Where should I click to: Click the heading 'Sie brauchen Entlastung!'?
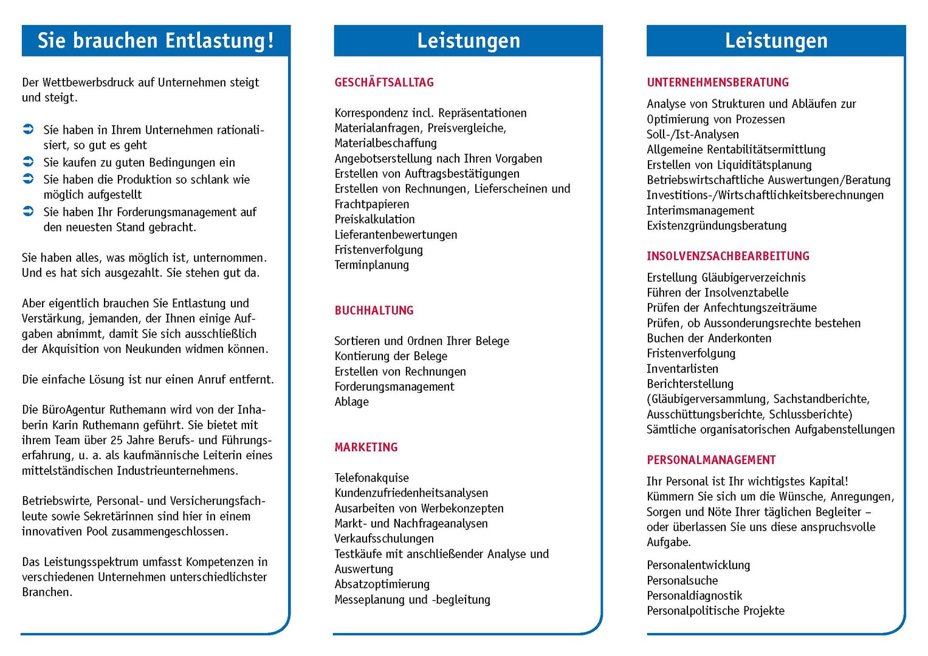click(x=156, y=41)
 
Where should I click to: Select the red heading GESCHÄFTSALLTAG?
click(x=384, y=83)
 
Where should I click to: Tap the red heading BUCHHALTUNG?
click(x=374, y=310)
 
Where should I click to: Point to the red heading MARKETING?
click(x=366, y=447)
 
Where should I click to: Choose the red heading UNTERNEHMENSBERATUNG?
click(x=718, y=83)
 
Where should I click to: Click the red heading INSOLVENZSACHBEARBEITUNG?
click(x=728, y=256)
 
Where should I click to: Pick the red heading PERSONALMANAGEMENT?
click(x=711, y=460)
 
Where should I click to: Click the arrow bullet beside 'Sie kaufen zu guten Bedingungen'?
click(x=28, y=162)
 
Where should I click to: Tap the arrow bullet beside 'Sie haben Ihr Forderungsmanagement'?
click(x=28, y=211)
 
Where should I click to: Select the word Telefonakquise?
click(x=371, y=478)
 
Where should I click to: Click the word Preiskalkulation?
click(x=374, y=219)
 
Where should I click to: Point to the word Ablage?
click(x=351, y=402)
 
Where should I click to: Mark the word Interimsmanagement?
click(x=700, y=211)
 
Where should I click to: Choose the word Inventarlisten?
click(x=682, y=369)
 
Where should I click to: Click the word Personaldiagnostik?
click(x=694, y=596)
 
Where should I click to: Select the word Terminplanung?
click(x=371, y=265)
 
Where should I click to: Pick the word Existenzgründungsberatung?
click(x=717, y=226)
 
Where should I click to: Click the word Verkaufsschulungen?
click(x=384, y=539)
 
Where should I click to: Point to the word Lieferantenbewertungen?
click(x=396, y=235)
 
